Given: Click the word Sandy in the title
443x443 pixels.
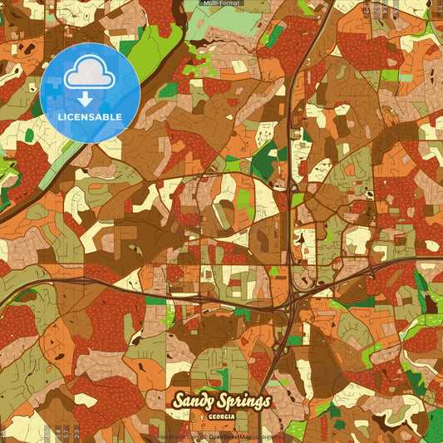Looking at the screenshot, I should [x=194, y=402].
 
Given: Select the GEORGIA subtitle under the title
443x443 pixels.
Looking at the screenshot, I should [x=220, y=415].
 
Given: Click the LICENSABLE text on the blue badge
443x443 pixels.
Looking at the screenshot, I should [x=90, y=117].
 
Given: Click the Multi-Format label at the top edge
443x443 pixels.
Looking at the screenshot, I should [x=221, y=4].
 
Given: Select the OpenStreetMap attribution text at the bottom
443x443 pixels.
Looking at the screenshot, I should [x=231, y=436].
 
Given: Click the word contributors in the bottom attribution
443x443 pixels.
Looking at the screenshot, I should [x=268, y=436].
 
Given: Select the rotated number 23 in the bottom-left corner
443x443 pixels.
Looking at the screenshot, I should [x=77, y=433].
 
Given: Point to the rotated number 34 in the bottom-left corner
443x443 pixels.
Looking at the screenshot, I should [x=46, y=433].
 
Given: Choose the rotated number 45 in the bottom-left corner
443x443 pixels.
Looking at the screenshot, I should [x=56, y=433].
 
